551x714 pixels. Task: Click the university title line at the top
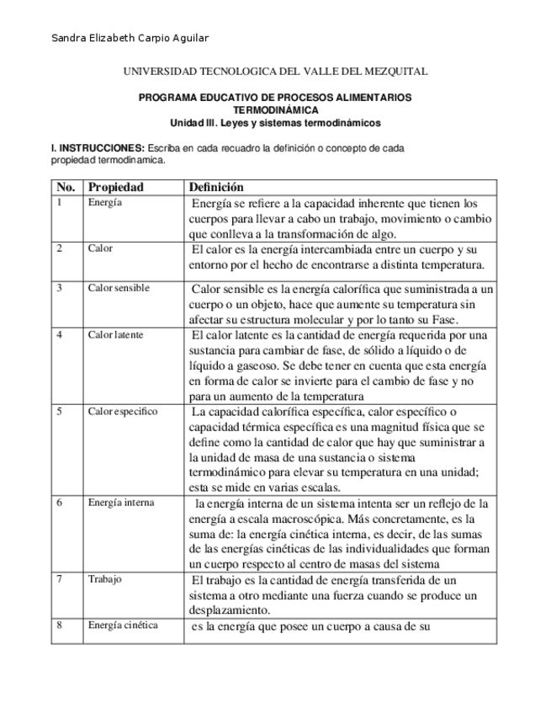coord(275,72)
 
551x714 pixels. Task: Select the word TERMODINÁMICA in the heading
coord(275,110)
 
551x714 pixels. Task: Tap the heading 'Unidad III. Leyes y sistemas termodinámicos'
coord(275,122)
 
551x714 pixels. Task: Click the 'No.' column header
coord(66,187)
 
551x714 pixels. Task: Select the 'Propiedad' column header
coord(116,187)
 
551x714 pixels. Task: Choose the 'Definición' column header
coord(216,187)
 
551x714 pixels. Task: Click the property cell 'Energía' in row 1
coord(104,203)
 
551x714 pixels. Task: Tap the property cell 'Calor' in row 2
coord(100,248)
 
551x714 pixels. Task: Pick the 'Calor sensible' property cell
coord(119,288)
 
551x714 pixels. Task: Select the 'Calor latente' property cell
coord(115,334)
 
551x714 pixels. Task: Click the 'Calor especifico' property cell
coord(122,412)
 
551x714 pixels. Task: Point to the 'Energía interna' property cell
coord(121,503)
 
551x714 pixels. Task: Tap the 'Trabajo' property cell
coord(105,579)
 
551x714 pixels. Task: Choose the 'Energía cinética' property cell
coord(123,625)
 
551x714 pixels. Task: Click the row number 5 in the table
coord(59,412)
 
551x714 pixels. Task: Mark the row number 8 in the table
coord(59,625)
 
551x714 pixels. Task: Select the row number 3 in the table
coord(59,288)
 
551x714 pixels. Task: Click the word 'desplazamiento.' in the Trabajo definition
coord(230,610)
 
